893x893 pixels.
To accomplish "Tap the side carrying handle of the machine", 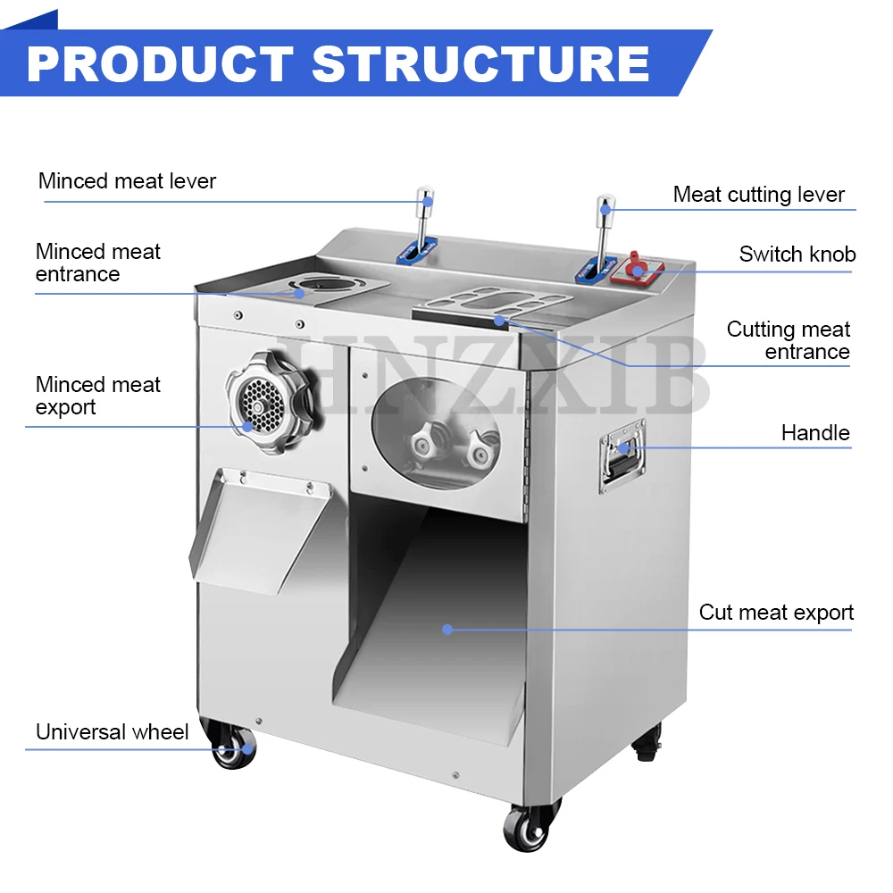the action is pyautogui.click(x=622, y=456).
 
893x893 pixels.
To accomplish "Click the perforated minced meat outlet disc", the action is pyautogui.click(x=263, y=405).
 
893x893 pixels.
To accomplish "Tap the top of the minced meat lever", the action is pyautogui.click(x=425, y=197).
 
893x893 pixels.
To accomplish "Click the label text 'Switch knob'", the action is pyautogui.click(x=797, y=254).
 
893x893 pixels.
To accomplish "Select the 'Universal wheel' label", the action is pyautogui.click(x=113, y=732).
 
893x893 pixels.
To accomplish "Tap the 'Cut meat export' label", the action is pyautogui.click(x=776, y=613).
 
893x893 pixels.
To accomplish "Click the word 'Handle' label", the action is pyautogui.click(x=815, y=433).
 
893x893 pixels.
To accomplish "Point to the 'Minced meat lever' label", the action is pyautogui.click(x=127, y=181).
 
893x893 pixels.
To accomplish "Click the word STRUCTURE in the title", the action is pyautogui.click(x=481, y=63).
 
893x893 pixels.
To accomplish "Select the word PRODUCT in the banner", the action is pyautogui.click(x=160, y=63).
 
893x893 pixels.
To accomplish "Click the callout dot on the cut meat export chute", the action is pyautogui.click(x=447, y=630).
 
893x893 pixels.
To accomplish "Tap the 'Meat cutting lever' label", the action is pyautogui.click(x=758, y=195).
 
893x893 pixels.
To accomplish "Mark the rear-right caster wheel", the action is pyautogui.click(x=647, y=744).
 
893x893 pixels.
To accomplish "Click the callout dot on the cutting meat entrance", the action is pyautogui.click(x=499, y=321).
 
